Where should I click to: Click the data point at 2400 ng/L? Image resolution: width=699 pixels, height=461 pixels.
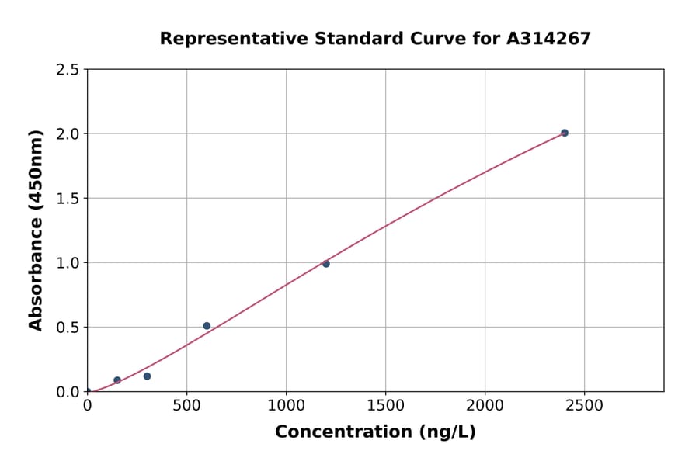point(565,133)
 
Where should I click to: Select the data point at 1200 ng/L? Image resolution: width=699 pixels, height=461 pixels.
point(326,264)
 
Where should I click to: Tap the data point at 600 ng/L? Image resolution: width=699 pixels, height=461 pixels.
point(207,326)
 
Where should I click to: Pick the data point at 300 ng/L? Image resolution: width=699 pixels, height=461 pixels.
point(147,376)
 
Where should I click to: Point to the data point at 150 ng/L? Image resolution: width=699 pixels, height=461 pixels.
point(117,380)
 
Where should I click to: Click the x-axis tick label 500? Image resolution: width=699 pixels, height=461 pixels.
point(186,405)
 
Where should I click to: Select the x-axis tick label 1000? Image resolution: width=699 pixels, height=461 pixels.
point(286,405)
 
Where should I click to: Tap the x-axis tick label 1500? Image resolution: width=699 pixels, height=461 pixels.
point(385,405)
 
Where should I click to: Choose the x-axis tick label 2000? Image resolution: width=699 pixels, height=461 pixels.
point(485,405)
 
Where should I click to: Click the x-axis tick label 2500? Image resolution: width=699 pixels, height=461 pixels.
point(584,405)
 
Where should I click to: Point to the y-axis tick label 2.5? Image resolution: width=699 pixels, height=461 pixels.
point(67,70)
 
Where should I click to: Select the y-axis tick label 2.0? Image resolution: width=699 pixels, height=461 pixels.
point(67,134)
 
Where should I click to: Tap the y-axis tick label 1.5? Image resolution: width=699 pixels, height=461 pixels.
point(67,199)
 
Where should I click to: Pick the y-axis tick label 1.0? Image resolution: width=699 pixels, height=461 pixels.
point(67,263)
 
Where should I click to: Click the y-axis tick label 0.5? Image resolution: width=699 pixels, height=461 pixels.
point(67,328)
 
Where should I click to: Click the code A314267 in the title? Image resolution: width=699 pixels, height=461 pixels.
point(549,39)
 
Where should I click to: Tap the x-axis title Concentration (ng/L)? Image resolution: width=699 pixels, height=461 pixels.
point(375,432)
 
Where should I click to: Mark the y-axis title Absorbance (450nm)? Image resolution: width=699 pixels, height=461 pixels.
point(36,230)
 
